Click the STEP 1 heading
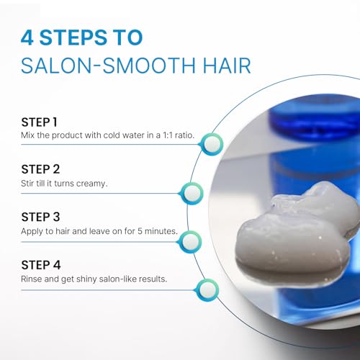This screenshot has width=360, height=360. pos(40,122)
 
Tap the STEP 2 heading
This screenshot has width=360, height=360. pos(40,169)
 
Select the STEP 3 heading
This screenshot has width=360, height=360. pos(40,217)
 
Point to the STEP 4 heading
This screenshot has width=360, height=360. pos(41,265)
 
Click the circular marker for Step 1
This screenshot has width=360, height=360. pos(212,144)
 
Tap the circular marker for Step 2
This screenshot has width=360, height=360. pos(192,193)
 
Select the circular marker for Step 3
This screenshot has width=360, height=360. pos(190,242)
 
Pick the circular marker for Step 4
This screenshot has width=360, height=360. pos(207,290)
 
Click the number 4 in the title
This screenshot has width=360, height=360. pos(27,37)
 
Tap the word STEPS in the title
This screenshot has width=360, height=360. pos(73,37)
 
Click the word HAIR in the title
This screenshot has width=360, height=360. pos(227,66)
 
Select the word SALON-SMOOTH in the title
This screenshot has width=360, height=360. pos(108,66)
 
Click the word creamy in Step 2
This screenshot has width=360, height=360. pos(91,184)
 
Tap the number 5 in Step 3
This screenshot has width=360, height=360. pos(140,231)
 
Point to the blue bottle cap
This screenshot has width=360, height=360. pos(315,117)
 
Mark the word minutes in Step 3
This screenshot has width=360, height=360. pos(161,231)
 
